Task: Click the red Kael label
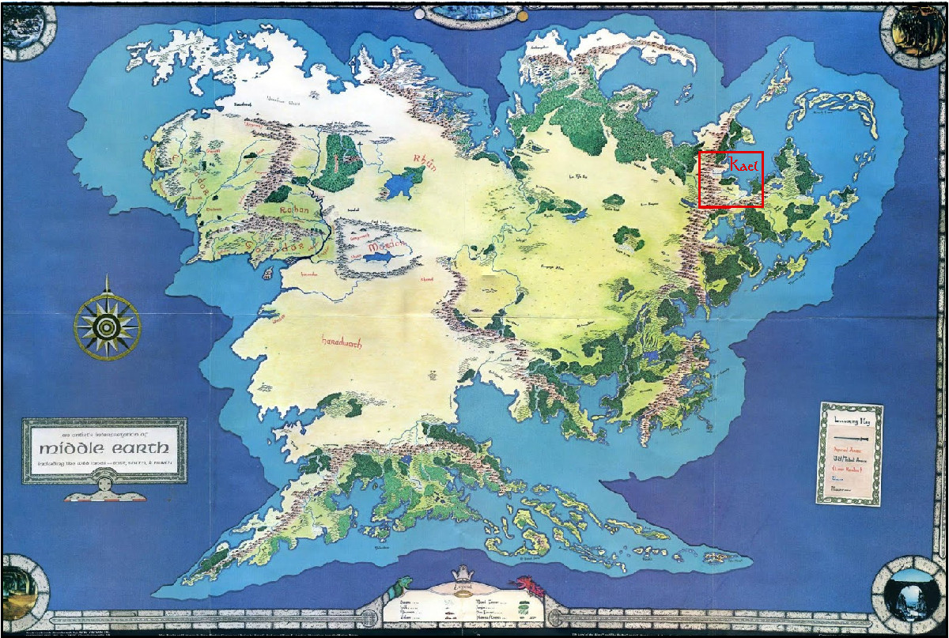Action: point(743,165)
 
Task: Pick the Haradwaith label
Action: point(342,343)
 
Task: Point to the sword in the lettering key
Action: point(850,435)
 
